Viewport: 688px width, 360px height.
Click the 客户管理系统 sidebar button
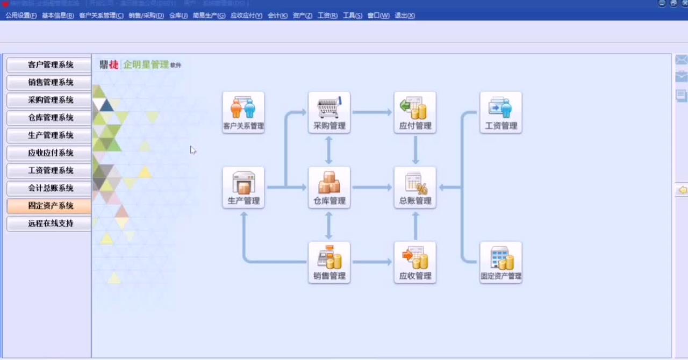pyautogui.click(x=49, y=65)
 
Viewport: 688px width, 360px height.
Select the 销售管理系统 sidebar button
pyautogui.click(x=49, y=83)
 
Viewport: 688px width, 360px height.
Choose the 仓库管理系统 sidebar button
pyautogui.click(x=49, y=118)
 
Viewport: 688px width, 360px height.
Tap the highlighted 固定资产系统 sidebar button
pyautogui.click(x=49, y=206)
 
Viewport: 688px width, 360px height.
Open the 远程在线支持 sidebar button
pyautogui.click(x=49, y=224)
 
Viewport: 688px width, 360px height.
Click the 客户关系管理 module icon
pyautogui.click(x=243, y=112)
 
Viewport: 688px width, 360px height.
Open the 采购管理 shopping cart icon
pyautogui.click(x=329, y=112)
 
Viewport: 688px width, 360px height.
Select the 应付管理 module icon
pyautogui.click(x=415, y=112)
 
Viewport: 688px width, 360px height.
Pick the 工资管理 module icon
pyautogui.click(x=501, y=112)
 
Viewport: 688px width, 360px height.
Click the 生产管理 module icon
pyautogui.click(x=243, y=188)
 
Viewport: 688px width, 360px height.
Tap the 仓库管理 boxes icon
pyautogui.click(x=329, y=188)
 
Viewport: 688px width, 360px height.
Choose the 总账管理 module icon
pyautogui.click(x=415, y=188)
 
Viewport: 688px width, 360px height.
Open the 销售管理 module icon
pyautogui.click(x=329, y=262)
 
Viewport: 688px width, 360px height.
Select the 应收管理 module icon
pyautogui.click(x=415, y=262)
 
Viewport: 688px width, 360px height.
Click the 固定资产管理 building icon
pyautogui.click(x=501, y=262)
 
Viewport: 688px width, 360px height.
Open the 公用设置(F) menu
pyautogui.click(x=21, y=16)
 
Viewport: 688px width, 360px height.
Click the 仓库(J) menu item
pyautogui.click(x=178, y=16)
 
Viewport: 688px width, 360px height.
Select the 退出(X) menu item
pyautogui.click(x=405, y=16)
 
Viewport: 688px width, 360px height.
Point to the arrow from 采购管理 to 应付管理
pyautogui.click(x=372, y=112)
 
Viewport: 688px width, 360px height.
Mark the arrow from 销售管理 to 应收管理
pyautogui.click(x=372, y=262)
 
